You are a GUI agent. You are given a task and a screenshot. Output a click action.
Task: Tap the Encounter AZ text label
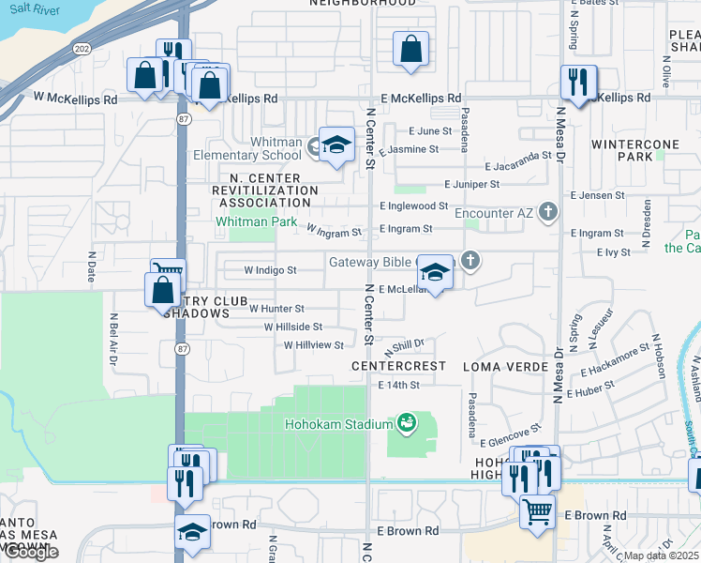coord(493,213)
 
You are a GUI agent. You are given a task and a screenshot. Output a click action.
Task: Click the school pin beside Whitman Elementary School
coord(336,145)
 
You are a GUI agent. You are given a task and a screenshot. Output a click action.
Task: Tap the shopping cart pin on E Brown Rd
coord(537,512)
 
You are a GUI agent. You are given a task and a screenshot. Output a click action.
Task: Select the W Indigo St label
coord(270,269)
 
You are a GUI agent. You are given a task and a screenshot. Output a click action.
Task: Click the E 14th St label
coord(399,385)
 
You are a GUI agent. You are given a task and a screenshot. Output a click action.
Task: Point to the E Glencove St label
coord(510,434)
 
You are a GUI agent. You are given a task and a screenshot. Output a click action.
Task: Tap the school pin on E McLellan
coord(435,272)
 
